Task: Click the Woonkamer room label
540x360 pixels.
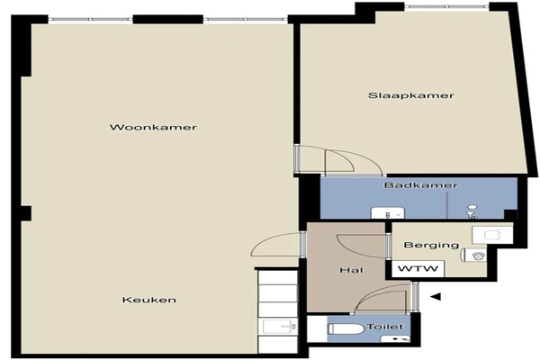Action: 153,128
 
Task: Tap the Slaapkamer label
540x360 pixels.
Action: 411,95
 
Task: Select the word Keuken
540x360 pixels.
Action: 149,300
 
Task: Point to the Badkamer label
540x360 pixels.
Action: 421,185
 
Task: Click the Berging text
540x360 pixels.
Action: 431,246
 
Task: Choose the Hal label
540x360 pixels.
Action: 351,270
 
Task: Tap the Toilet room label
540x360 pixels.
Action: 385,327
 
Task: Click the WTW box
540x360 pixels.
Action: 418,269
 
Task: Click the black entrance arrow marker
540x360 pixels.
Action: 436,296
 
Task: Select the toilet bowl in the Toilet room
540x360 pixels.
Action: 346,329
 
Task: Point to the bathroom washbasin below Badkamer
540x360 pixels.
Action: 387,213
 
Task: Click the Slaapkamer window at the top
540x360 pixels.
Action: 446,6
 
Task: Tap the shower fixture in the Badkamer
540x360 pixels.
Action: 472,212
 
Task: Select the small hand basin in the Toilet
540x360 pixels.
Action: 395,338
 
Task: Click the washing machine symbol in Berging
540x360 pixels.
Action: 474,255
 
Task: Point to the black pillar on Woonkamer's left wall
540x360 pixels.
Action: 26,213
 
